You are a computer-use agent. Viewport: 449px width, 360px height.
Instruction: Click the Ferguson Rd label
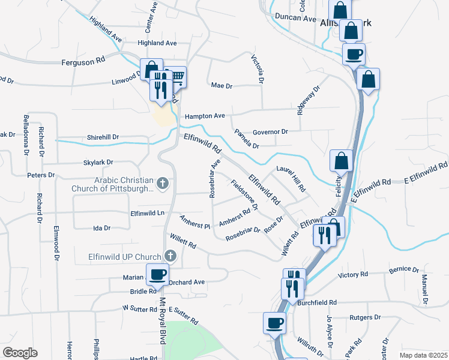pos(83,61)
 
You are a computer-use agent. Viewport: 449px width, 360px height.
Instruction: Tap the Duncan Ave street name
pos(295,18)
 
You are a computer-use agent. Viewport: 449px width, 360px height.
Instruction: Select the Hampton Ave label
pos(205,116)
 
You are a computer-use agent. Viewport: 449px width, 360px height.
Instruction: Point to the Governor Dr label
pos(271,131)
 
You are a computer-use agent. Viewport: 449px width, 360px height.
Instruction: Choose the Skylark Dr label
pos(98,163)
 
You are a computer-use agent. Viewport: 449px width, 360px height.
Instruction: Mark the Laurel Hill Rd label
pos(291,179)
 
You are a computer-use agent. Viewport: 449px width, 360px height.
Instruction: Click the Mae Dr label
pos(221,85)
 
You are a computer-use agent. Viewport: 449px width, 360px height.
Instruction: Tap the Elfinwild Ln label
pos(147,213)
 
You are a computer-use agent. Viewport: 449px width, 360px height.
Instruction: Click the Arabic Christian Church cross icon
pos(161,182)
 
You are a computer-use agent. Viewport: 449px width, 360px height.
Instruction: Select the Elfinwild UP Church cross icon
pos(170,257)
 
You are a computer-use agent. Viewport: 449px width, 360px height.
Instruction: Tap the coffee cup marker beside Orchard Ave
pos(157,274)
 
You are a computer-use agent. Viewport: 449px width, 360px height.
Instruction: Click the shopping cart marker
pos(177,76)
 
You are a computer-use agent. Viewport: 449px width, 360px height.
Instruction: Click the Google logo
pos(20,353)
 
